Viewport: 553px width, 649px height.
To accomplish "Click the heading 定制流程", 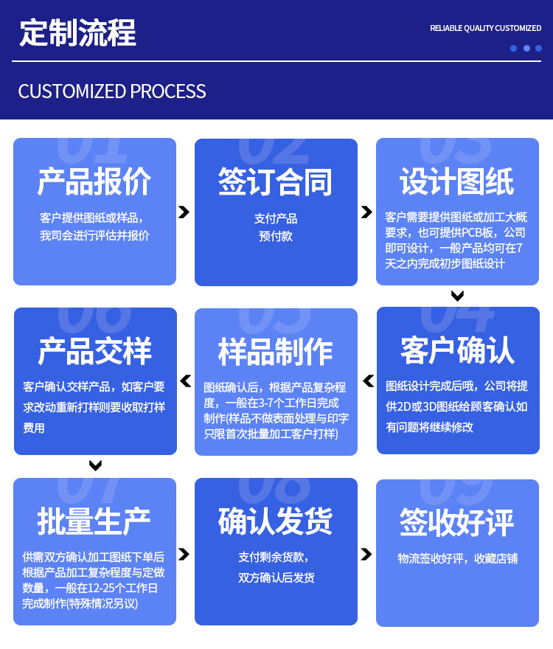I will (77, 34).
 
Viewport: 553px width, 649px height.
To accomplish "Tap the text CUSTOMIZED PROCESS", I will (112, 91).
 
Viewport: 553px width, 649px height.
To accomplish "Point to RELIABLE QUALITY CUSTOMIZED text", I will (485, 28).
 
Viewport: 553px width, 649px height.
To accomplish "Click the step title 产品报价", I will (94, 181).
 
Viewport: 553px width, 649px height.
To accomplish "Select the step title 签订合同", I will (276, 181).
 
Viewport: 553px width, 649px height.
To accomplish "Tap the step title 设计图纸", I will (457, 181).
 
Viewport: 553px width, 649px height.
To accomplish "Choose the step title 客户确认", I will (457, 351).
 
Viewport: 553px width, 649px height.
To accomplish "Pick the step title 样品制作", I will (276, 351).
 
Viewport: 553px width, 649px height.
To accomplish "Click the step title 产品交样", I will (94, 351).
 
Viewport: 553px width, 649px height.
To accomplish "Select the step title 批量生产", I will (94, 521).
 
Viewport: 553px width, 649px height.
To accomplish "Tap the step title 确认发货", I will (276, 521).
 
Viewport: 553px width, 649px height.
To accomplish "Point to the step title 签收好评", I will (457, 521).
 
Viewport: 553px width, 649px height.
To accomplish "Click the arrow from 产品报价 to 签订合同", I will (184, 212).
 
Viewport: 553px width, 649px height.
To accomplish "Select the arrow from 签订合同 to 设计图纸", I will (366, 212).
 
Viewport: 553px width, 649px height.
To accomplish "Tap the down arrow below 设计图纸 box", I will (457, 296).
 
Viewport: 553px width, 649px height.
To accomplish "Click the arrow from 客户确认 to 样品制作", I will (367, 381).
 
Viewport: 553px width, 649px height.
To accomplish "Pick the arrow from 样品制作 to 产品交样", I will (186, 381).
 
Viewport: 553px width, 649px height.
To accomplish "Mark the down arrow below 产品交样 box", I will (95, 465).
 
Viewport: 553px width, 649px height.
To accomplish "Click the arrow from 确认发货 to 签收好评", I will (366, 553).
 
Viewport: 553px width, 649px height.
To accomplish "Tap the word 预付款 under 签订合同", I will (276, 237).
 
